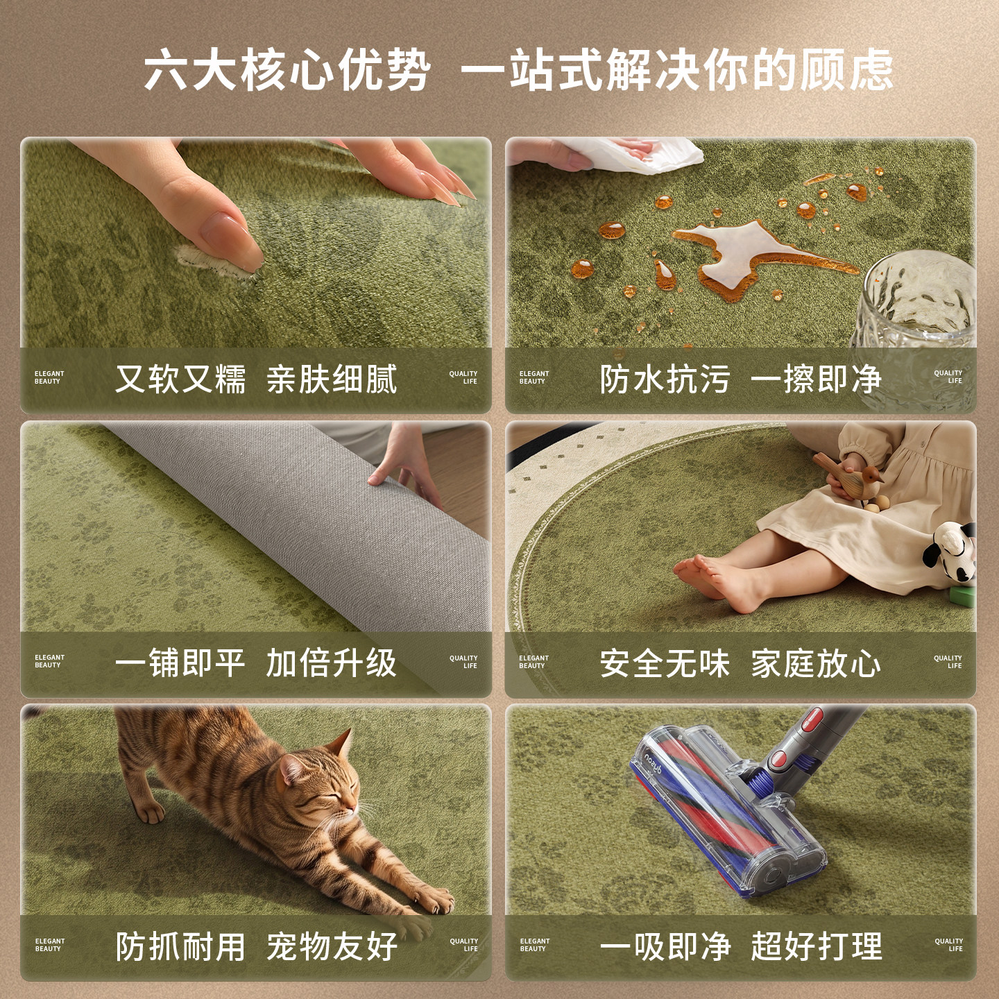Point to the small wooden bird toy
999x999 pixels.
click(851, 477)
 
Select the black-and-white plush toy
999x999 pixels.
click(950, 552)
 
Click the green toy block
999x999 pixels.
click(962, 596)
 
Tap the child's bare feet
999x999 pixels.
click(721, 581)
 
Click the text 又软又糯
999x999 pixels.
click(180, 379)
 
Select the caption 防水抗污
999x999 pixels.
click(665, 379)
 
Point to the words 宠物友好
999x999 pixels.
click(332, 947)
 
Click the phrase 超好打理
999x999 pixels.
click(817, 947)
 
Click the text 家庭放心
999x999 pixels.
click(816, 663)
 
